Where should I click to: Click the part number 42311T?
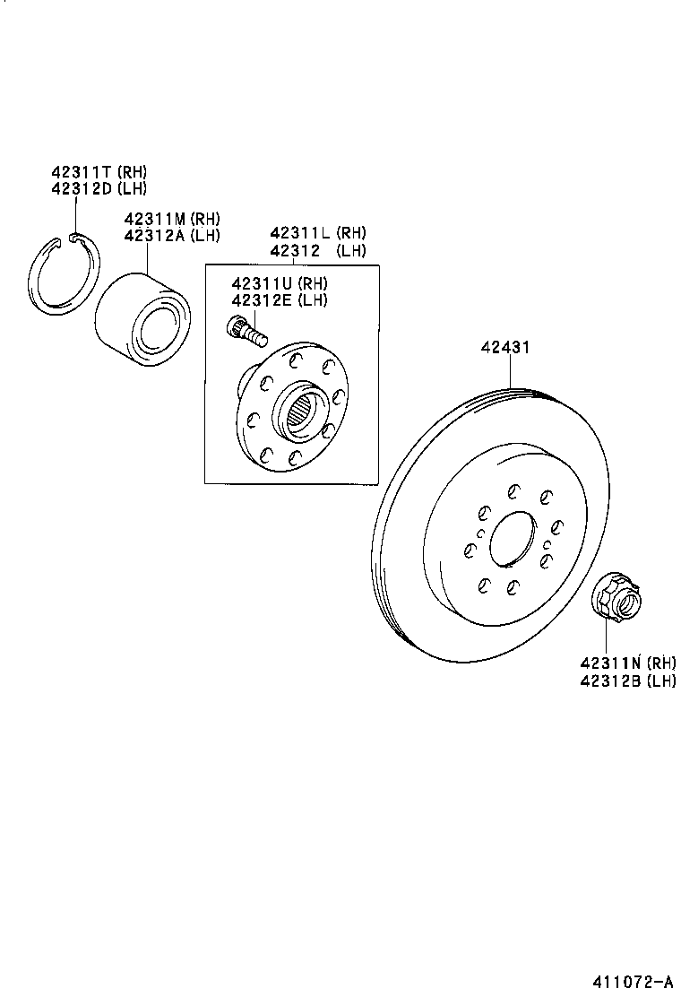[x=81, y=172]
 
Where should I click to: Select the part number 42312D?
[x=81, y=187]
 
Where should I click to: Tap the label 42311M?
[x=153, y=219]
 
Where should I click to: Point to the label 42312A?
[x=153, y=235]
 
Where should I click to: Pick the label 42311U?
[x=261, y=284]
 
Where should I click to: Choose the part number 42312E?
[x=261, y=299]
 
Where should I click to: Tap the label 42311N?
[x=609, y=664]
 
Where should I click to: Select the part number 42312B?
[x=609, y=681]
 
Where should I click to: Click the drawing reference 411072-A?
[x=631, y=981]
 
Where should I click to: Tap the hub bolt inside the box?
[x=248, y=333]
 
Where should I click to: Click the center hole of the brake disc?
[x=512, y=536]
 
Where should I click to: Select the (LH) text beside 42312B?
[x=661, y=681]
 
